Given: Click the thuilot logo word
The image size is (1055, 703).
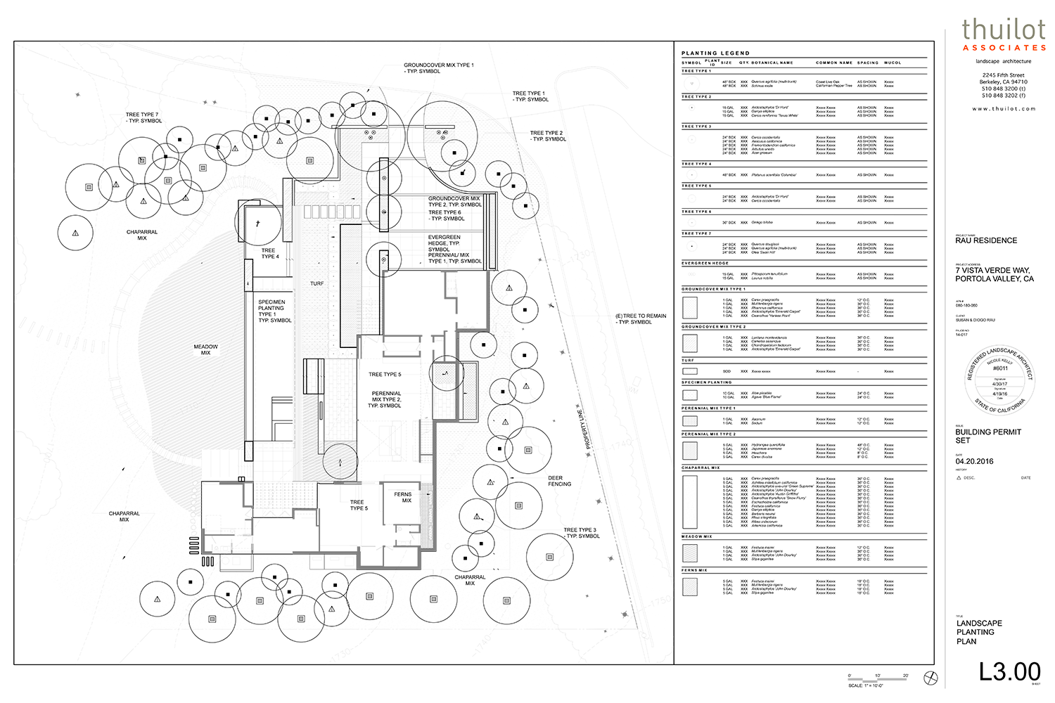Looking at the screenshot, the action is [1004, 30].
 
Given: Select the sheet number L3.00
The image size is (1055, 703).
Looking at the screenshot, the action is [1009, 671].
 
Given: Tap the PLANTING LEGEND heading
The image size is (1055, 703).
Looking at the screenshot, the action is [715, 53].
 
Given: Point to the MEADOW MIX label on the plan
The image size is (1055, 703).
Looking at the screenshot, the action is [206, 349].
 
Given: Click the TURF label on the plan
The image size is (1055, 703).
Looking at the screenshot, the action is [317, 283].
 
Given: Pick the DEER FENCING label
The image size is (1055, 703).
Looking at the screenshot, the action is [560, 481].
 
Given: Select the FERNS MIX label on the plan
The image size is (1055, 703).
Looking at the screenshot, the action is [403, 497].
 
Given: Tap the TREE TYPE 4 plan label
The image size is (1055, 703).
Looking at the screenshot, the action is [269, 253].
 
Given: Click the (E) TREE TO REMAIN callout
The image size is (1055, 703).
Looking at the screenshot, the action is [640, 319].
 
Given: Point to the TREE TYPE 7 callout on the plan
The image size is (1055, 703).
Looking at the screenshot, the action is [143, 117].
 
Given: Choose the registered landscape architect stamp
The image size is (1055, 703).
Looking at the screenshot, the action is [999, 380].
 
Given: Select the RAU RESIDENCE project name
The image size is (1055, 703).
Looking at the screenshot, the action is [986, 240].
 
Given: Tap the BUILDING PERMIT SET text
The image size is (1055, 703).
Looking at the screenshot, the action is [987, 436].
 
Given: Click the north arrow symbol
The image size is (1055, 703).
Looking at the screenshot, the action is [931, 678].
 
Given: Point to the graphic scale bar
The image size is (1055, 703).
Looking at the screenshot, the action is [878, 679].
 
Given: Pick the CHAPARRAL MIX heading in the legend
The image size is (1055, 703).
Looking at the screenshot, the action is [701, 467].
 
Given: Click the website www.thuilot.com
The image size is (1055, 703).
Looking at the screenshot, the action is [1004, 109].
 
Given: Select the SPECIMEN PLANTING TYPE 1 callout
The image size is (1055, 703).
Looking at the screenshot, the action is [274, 311].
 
